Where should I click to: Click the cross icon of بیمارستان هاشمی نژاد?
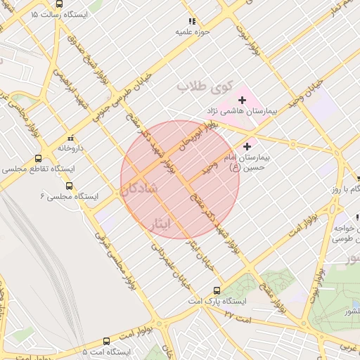point(243,100)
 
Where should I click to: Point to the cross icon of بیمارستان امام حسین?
point(247,146)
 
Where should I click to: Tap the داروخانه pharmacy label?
point(71,148)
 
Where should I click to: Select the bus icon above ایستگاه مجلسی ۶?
point(69,186)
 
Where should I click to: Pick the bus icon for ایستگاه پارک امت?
point(217,290)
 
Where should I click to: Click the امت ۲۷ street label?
point(237,314)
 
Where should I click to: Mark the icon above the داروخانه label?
point(70,138)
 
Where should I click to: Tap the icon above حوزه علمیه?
point(191,22)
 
